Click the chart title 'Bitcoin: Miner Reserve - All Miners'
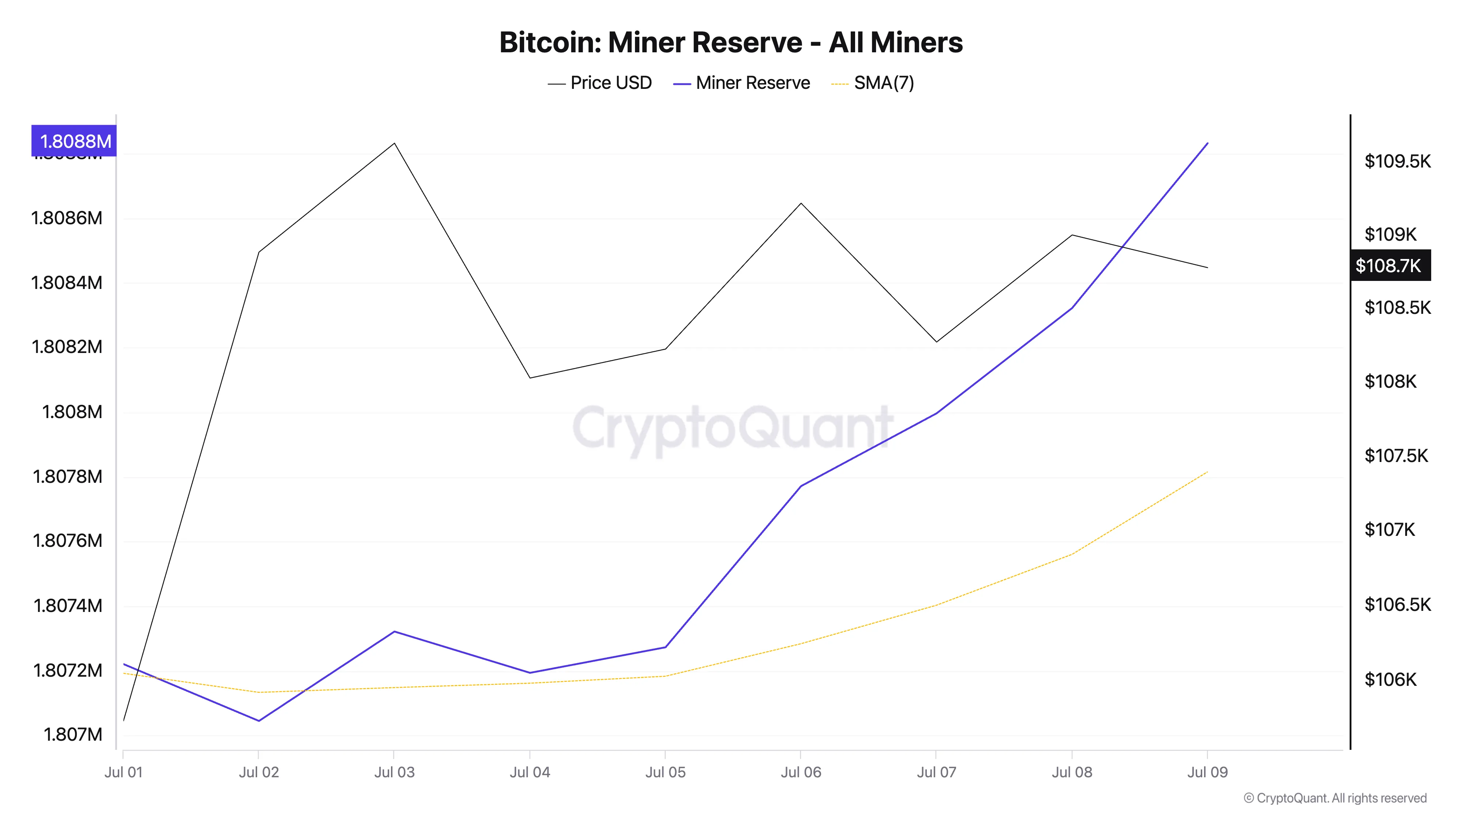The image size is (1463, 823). (x=731, y=42)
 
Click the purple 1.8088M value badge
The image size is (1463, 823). (x=74, y=141)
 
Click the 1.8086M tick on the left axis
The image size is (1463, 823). (x=67, y=218)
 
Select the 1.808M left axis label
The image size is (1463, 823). (x=72, y=412)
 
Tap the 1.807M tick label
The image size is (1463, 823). (x=73, y=734)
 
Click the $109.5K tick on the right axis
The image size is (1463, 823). (x=1398, y=161)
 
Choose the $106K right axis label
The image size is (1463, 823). (x=1390, y=679)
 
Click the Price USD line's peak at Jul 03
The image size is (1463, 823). (x=394, y=143)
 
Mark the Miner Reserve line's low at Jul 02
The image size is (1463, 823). (x=259, y=721)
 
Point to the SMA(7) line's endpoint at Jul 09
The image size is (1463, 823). (x=1207, y=472)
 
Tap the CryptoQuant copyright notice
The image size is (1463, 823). (x=1335, y=798)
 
